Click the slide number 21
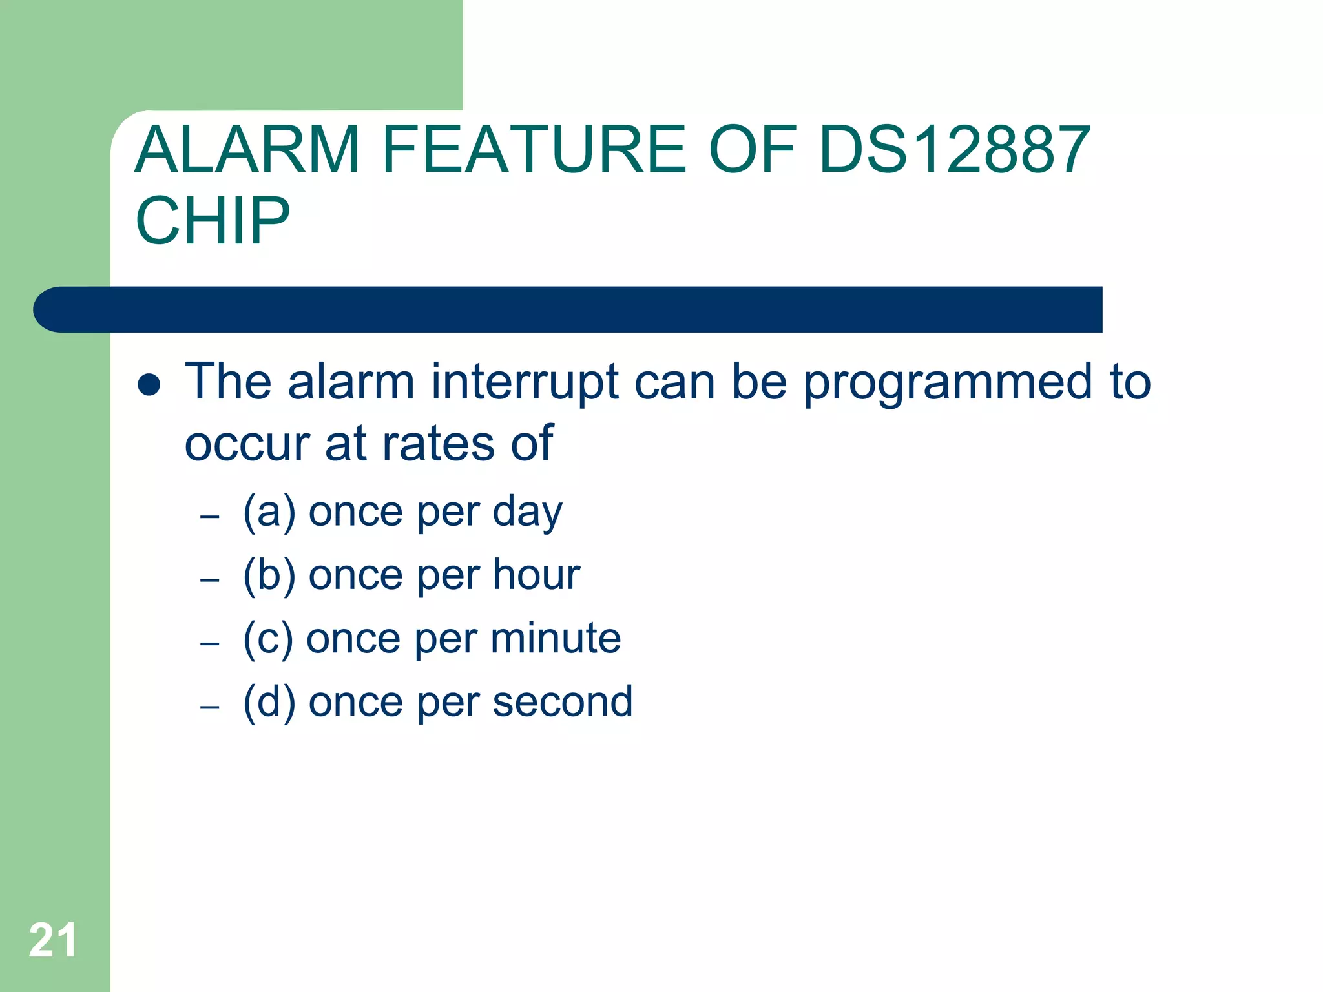coord(53,940)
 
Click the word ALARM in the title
coord(247,150)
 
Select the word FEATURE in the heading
coord(534,150)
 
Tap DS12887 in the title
coord(954,150)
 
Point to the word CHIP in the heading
coord(213,221)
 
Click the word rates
coord(439,444)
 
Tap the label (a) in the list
coord(269,512)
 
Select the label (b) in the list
coord(269,575)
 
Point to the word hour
coord(536,574)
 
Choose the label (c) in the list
coord(268,639)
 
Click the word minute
coord(556,638)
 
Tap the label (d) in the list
coord(269,702)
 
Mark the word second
coord(562,702)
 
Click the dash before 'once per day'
coord(210,517)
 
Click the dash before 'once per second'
coord(210,707)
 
